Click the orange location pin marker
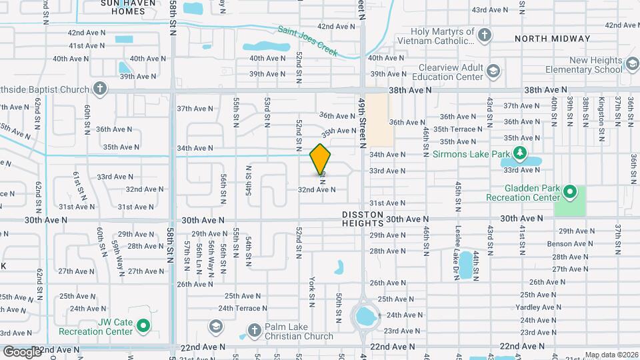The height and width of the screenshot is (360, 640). pos(321,159)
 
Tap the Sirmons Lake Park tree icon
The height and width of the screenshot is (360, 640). pos(520,154)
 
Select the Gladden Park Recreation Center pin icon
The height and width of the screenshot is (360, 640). pos(569,193)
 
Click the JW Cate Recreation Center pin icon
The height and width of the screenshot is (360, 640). pos(143,326)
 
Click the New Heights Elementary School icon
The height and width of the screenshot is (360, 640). pos(630,65)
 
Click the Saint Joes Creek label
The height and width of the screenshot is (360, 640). pos(308,40)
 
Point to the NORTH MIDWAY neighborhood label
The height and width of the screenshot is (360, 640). pos(552,39)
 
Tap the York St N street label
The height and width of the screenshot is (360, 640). pos(311,291)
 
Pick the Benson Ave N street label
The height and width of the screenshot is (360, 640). pos(565,244)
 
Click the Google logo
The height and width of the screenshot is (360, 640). pos(22,351)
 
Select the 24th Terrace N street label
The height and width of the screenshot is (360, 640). pos(242,308)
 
